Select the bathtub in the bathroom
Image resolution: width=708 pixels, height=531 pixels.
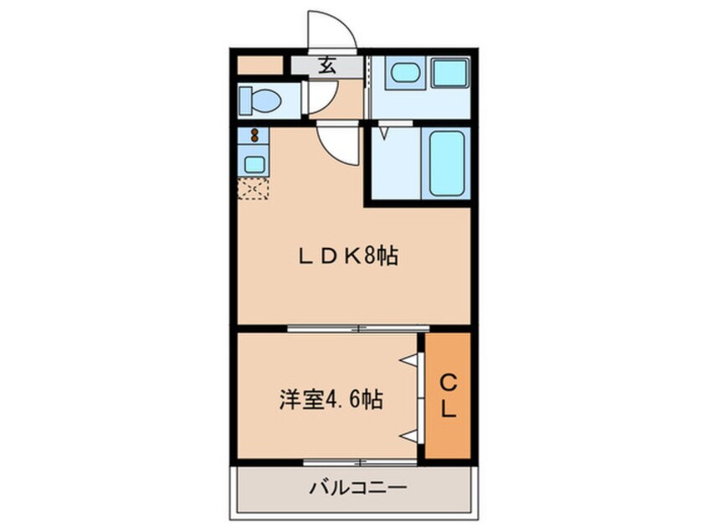point(446,162)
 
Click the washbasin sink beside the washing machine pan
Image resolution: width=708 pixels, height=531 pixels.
point(405,73)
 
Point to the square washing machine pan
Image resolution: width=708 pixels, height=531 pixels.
point(450,73)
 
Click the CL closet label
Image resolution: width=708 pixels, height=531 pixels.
point(449,397)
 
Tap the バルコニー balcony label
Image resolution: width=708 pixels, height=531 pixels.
point(357,487)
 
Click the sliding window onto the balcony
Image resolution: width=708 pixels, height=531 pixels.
point(360,462)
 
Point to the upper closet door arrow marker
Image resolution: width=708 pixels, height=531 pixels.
point(408,359)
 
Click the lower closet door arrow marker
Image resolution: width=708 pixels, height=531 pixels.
point(408,436)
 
